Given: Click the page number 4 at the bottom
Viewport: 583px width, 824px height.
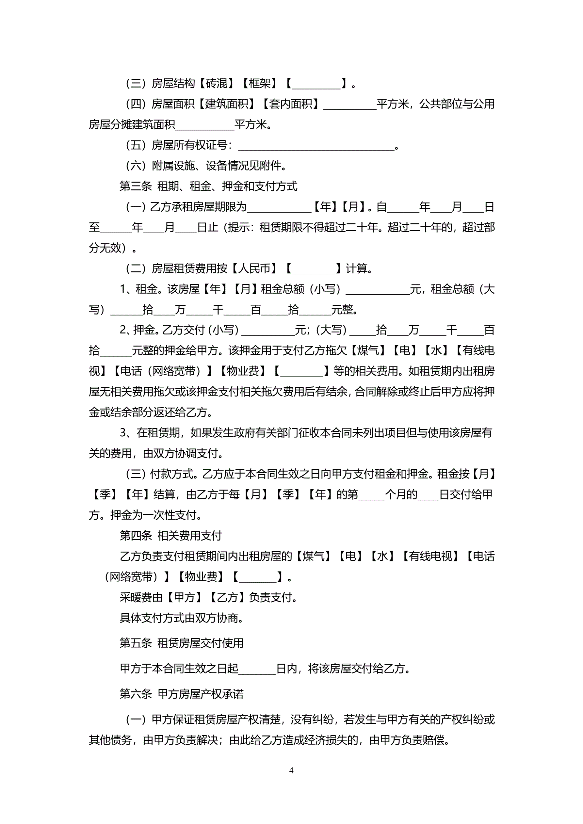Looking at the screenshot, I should click(x=291, y=770).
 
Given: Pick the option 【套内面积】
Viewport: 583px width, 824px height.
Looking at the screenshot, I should click(x=290, y=104).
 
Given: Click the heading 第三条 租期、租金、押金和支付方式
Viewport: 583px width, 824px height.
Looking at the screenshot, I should click(x=208, y=186).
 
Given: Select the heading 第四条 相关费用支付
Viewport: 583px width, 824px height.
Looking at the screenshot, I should click(x=170, y=536).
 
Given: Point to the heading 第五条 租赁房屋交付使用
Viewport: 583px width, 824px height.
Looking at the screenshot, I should click(x=181, y=643).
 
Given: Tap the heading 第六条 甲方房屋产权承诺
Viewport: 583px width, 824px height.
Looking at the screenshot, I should click(x=181, y=694).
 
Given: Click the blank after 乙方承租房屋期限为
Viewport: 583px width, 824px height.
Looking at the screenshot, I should click(x=279, y=207).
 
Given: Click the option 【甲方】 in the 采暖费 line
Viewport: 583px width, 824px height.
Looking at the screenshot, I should click(x=184, y=597).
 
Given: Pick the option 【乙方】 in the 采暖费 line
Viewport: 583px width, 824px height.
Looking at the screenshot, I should click(x=228, y=597).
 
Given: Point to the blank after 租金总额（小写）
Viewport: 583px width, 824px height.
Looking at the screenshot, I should click(x=377, y=290).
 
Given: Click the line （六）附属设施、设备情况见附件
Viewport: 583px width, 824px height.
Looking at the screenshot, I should click(x=206, y=166).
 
